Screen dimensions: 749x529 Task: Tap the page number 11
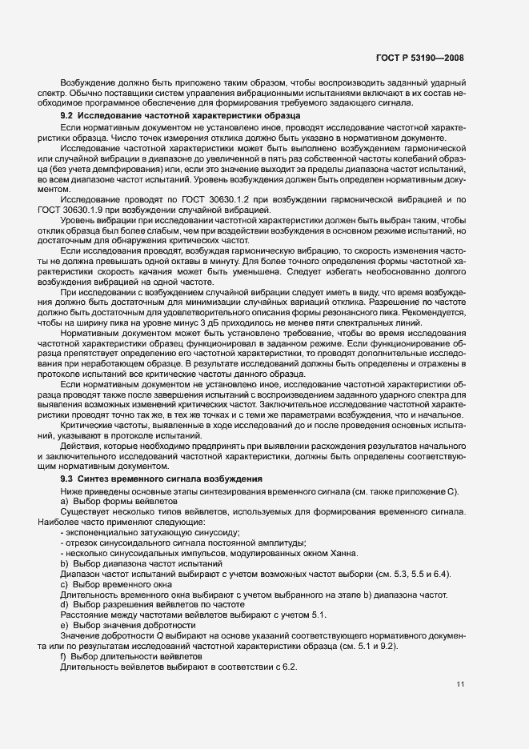tap(459, 684)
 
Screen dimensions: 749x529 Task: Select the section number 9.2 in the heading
tap(67, 117)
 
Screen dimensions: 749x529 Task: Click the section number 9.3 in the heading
tap(67, 479)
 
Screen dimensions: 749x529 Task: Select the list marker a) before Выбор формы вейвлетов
tap(65, 500)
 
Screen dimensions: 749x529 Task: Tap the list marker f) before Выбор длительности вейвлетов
tap(64, 656)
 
